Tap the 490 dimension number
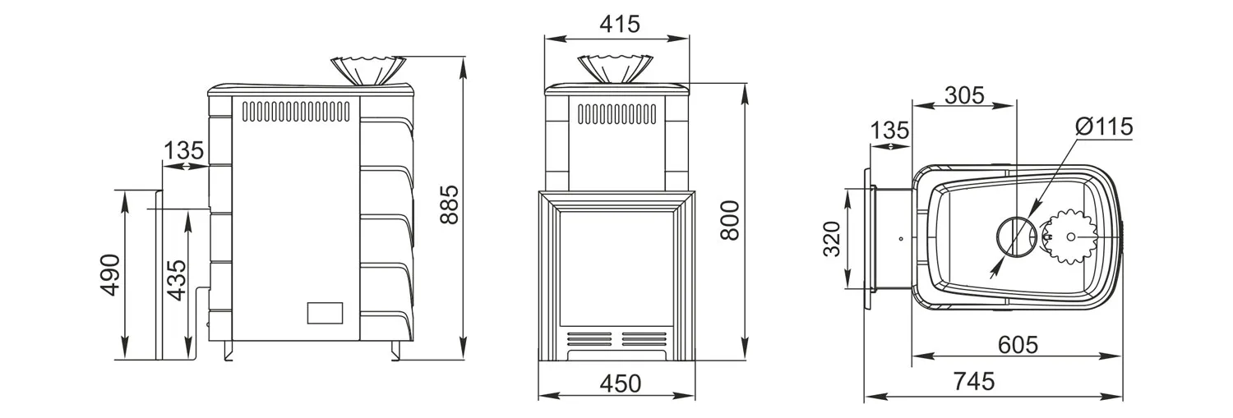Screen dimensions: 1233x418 tap(111, 275)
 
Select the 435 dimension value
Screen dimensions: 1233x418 tap(177, 281)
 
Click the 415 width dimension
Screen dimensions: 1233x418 tap(620, 24)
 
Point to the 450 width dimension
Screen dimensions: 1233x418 tap(621, 384)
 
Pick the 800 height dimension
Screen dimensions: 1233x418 tap(730, 220)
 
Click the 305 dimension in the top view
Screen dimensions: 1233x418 tap(964, 96)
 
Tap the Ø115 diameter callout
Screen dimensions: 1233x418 tap(1104, 127)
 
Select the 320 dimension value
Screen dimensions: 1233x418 tap(832, 239)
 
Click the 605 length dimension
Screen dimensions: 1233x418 tap(1018, 345)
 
